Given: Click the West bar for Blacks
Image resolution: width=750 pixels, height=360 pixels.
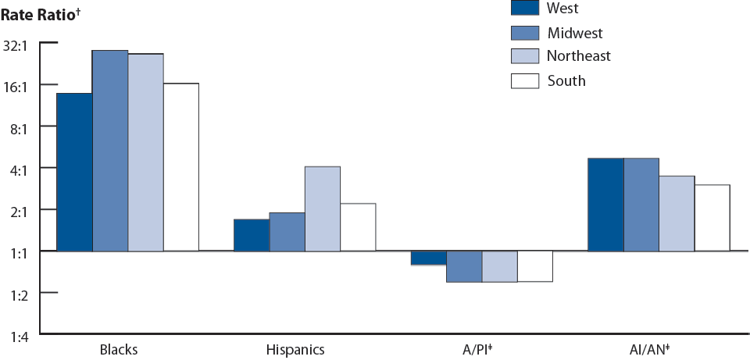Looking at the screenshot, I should click(x=74, y=172).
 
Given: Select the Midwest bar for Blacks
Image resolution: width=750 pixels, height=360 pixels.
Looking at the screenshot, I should click(x=110, y=151).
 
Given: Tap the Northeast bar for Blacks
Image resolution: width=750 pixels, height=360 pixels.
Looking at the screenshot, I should click(x=145, y=152).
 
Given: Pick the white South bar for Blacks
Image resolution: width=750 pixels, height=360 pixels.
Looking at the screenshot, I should click(x=180, y=167).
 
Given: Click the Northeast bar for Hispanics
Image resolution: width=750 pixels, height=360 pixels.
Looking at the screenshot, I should click(x=322, y=209).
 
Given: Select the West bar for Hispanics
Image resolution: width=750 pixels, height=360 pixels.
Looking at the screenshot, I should click(x=252, y=235).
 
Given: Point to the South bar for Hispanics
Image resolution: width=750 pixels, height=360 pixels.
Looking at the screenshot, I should click(x=358, y=227).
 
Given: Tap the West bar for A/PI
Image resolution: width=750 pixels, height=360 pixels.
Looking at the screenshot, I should click(x=428, y=258).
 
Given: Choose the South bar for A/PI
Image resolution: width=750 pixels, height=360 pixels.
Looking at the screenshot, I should click(x=534, y=266).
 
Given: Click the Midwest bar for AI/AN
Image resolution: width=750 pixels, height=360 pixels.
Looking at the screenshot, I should click(x=641, y=205).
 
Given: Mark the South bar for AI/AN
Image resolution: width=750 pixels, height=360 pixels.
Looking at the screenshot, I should click(x=712, y=218).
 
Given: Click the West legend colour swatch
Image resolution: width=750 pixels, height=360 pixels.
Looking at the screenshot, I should click(x=525, y=8).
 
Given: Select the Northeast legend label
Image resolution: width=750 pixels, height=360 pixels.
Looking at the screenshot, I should click(x=578, y=56).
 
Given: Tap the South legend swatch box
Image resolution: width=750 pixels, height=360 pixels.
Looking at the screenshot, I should click(x=525, y=80).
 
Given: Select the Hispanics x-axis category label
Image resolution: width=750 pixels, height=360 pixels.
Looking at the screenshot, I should click(x=295, y=349).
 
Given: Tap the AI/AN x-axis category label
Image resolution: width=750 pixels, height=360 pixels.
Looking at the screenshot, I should click(x=649, y=349).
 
